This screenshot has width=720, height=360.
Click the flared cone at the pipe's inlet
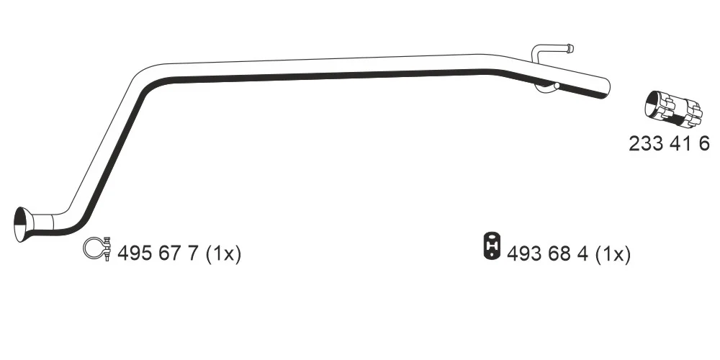[23, 225]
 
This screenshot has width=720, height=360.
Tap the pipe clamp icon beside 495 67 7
[97, 249]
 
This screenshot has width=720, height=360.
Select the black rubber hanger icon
[492, 246]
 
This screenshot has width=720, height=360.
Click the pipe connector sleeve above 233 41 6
[673, 109]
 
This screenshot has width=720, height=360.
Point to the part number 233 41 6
[669, 144]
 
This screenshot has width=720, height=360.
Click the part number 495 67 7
[158, 253]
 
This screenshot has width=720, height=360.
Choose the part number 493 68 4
[547, 253]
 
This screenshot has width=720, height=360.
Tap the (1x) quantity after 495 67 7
[223, 253]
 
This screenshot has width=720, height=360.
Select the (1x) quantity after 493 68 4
[613, 253]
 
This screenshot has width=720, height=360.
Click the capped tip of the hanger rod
[570, 48]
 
